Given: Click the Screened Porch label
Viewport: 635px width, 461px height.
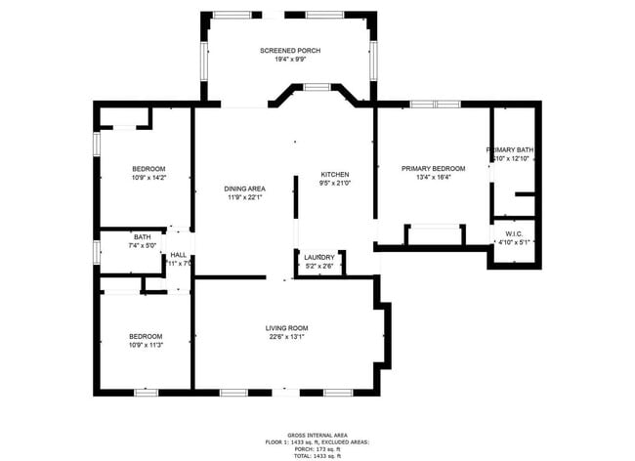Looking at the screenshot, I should coord(290,50).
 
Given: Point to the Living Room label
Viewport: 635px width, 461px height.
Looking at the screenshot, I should coord(286,328).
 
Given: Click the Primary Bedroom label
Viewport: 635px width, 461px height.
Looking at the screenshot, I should coord(433,168).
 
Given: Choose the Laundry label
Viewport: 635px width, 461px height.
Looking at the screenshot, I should coord(318,257).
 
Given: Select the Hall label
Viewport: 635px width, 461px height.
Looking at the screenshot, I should coord(179,254).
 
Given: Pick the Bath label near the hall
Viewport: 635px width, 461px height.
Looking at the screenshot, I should coord(143,236).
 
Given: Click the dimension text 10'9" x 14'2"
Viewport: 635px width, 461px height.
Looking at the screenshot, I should coord(148,178).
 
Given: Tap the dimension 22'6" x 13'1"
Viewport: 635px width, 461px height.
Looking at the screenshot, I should coord(286,338).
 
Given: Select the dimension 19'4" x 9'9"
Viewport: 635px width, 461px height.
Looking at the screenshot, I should coord(290,60).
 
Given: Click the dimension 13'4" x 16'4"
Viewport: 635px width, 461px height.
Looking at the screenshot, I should coord(433,178).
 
